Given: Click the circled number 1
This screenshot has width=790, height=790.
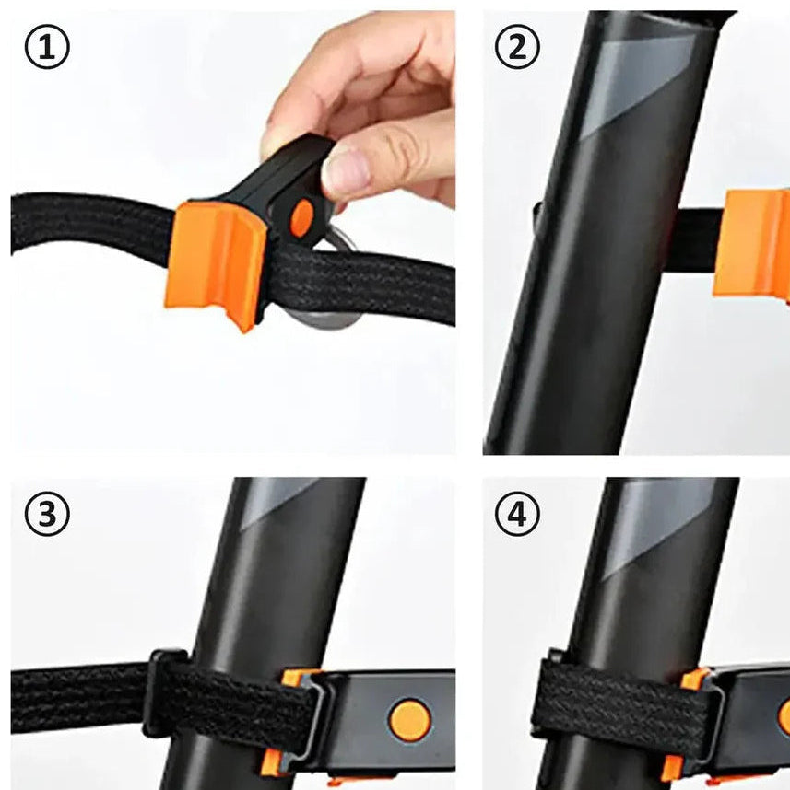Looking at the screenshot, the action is [x=47, y=47].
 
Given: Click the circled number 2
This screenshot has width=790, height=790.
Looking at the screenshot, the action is [x=517, y=47].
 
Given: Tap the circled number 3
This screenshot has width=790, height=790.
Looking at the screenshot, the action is [x=47, y=515].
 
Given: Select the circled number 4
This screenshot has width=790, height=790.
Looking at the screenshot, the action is [x=517, y=515].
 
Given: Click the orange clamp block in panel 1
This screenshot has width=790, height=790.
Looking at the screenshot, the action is [x=216, y=264].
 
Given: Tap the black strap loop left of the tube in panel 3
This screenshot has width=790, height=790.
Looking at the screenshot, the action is [x=164, y=692].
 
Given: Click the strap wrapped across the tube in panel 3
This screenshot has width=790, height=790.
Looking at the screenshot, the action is [x=237, y=708].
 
